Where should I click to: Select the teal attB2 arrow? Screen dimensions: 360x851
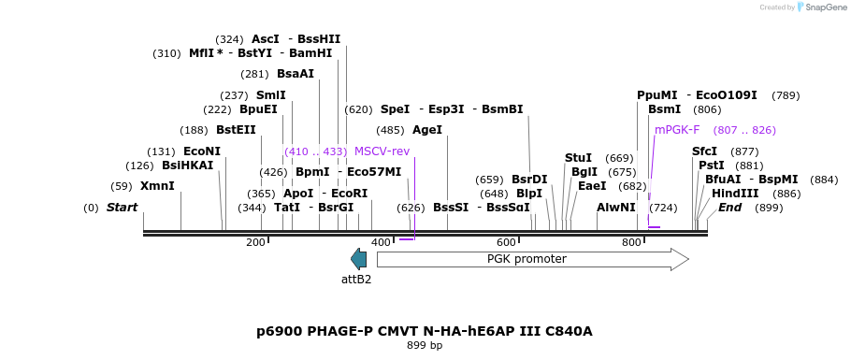click(x=358, y=259)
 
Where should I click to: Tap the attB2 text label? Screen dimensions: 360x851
click(x=356, y=279)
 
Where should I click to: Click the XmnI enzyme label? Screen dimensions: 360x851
click(x=157, y=186)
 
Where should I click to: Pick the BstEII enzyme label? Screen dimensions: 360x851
click(x=236, y=130)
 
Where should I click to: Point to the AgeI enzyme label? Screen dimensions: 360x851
click(x=427, y=130)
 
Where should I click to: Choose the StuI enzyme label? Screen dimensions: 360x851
click(x=578, y=158)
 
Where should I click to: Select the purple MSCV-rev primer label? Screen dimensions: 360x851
click(x=382, y=151)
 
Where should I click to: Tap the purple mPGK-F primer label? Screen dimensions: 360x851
click(x=677, y=130)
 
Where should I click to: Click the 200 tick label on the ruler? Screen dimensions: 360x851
click(x=255, y=243)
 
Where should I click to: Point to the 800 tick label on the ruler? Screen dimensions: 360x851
click(x=631, y=243)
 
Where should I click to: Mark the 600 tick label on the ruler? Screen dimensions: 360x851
click(x=506, y=243)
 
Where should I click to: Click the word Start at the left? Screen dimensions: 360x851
click(x=122, y=207)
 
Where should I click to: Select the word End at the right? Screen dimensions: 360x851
click(x=729, y=207)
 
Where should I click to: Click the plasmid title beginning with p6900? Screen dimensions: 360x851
click(x=425, y=331)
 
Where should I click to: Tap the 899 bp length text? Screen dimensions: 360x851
click(x=425, y=346)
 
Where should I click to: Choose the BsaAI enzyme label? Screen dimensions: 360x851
click(x=296, y=74)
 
